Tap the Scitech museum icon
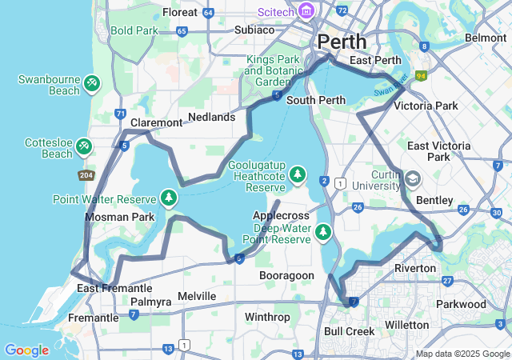[306, 11]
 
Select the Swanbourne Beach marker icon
[92, 82]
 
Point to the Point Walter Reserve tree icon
[169, 197]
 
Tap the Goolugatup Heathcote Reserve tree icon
[298, 174]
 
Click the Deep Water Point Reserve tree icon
[323, 233]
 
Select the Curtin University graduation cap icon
[413, 178]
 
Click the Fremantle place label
[94, 318]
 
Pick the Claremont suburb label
[156, 122]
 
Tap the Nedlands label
[211, 117]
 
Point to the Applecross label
[281, 216]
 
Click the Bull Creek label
[350, 330]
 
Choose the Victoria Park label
[426, 106]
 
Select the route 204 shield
[86, 174]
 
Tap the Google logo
[26, 350]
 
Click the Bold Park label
[135, 30]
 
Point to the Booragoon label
[286, 275]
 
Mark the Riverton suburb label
[415, 267]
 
